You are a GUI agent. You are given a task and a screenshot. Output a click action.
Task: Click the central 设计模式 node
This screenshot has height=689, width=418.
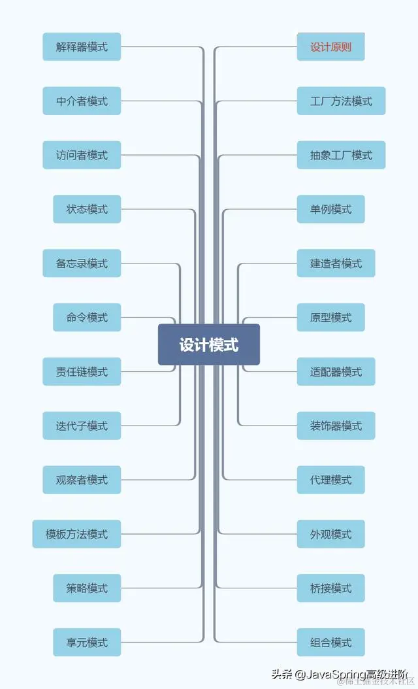click(209, 344)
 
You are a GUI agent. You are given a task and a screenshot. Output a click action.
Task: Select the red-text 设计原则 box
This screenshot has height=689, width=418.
click(330, 47)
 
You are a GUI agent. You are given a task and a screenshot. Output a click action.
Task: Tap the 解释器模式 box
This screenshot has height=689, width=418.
click(82, 47)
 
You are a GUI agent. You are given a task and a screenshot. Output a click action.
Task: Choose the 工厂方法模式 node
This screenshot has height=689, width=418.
click(341, 101)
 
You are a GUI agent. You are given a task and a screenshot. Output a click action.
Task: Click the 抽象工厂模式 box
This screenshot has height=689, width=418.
click(341, 156)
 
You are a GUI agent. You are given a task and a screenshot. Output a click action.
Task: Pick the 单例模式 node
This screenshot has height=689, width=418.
click(330, 209)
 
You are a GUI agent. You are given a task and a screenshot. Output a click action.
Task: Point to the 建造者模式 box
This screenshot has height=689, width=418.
click(336, 263)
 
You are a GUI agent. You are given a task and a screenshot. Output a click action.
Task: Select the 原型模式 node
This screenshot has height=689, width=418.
click(330, 318)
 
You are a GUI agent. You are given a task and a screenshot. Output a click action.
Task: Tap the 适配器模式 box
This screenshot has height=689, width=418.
click(336, 372)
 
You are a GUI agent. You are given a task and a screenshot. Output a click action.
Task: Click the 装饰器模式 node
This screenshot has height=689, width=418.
click(336, 426)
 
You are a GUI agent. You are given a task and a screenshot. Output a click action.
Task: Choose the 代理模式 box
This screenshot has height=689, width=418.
click(330, 480)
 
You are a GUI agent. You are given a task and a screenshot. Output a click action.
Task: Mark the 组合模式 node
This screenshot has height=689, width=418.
click(330, 643)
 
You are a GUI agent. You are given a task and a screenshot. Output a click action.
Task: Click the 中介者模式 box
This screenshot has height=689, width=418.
click(82, 101)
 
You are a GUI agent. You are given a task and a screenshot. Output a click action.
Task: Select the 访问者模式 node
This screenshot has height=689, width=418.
click(82, 156)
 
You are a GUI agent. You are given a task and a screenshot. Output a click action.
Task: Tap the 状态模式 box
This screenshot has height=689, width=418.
click(87, 209)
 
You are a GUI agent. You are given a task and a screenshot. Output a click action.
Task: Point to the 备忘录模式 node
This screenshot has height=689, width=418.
click(82, 263)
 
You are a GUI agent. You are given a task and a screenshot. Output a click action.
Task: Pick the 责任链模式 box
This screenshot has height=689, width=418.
click(82, 372)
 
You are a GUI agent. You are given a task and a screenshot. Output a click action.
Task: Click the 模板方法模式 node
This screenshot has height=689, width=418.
click(76, 534)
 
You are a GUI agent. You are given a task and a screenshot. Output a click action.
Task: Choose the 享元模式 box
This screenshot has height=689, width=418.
click(87, 643)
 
